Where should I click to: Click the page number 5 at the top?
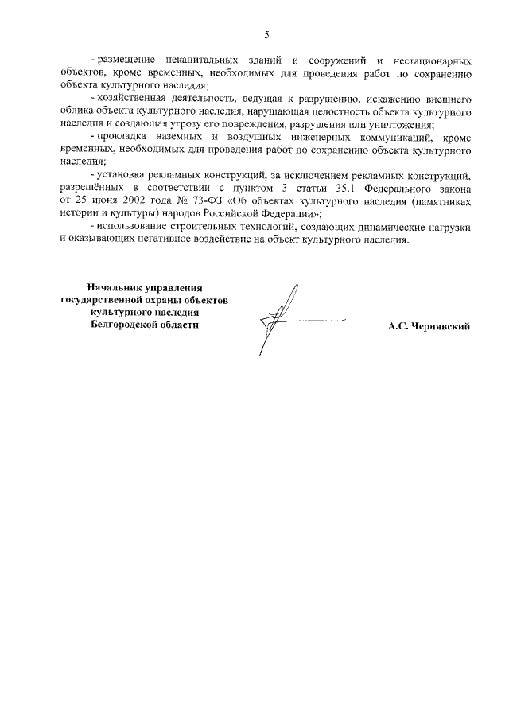click(x=266, y=34)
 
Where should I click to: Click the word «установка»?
click(x=119, y=174)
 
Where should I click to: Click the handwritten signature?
click(x=278, y=318)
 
